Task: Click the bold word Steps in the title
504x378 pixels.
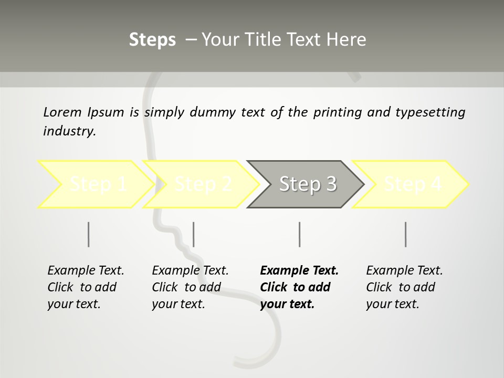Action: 152,40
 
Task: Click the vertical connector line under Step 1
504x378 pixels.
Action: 89,234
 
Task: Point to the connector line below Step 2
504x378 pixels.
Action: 194,234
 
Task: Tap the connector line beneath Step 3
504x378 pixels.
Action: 299,234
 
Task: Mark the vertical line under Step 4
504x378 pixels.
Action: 405,234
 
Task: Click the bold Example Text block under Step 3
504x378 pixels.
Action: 299,287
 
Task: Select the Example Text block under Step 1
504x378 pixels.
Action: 86,287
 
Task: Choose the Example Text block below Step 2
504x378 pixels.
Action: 190,287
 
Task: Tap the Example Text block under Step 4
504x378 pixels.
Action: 404,287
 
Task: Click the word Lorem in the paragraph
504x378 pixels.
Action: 62,112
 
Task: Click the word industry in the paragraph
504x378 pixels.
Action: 69,131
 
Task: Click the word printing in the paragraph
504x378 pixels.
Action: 338,112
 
